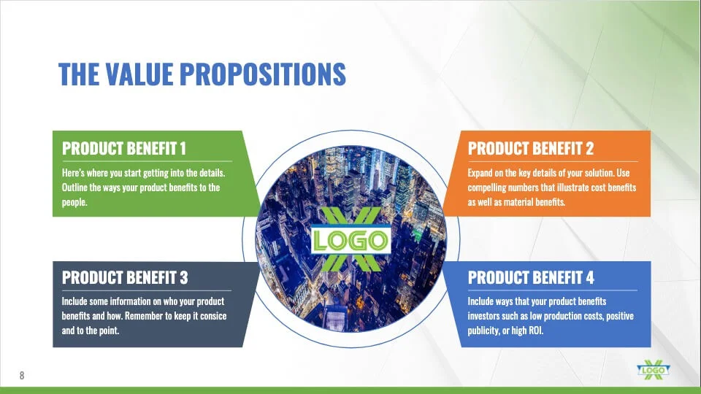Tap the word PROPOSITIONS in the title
(263, 74)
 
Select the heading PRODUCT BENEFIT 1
(124, 148)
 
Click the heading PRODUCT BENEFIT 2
(531, 148)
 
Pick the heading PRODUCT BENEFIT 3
(125, 277)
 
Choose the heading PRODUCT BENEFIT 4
(531, 277)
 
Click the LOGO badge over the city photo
(351, 240)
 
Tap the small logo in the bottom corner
(653, 370)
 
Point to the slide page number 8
(22, 375)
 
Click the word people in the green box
(74, 202)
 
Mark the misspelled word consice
(212, 316)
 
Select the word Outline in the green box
(74, 188)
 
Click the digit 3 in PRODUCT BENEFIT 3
(184, 277)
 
